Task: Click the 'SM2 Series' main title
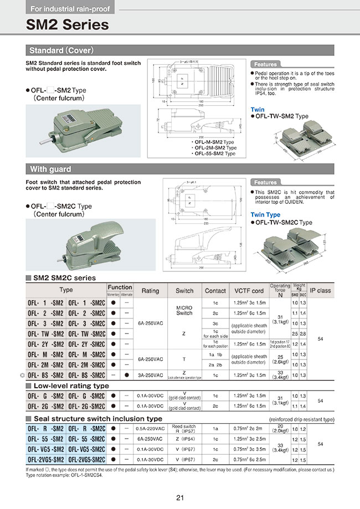[x=68, y=25]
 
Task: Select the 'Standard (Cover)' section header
[x=61, y=50]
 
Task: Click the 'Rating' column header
[x=150, y=290]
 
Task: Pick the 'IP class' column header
[x=320, y=290]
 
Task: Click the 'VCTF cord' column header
[x=249, y=290]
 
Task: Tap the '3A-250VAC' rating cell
[x=150, y=376]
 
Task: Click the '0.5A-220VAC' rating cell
[x=150, y=428]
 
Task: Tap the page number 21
[x=180, y=498]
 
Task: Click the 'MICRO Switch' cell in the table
[x=184, y=310]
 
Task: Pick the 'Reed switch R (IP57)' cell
[x=184, y=428]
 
